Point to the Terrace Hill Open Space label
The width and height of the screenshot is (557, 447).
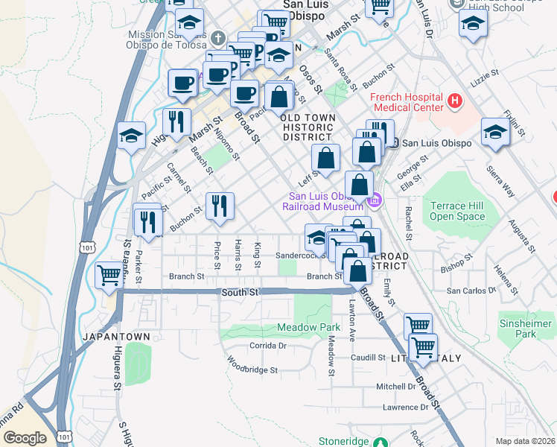pyautogui.click(x=457, y=210)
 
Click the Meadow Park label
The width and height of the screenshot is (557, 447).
pyautogui.click(x=308, y=327)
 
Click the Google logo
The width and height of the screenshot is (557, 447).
pyautogui.click(x=25, y=438)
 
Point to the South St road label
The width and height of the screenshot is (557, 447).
pyautogui.click(x=239, y=293)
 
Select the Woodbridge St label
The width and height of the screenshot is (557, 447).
pyautogui.click(x=252, y=367)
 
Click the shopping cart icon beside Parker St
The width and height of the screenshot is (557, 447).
pyautogui.click(x=109, y=276)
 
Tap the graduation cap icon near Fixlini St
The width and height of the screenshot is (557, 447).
pyautogui.click(x=495, y=133)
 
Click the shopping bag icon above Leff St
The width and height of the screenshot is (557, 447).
pyautogui.click(x=325, y=157)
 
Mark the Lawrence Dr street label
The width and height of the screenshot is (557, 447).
pyautogui.click(x=405, y=408)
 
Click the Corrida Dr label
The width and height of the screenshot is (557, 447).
pyautogui.click(x=268, y=346)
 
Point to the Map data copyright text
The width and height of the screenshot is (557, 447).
pyautogui.click(x=525, y=441)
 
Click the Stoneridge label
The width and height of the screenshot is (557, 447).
pyautogui.click(x=343, y=441)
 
